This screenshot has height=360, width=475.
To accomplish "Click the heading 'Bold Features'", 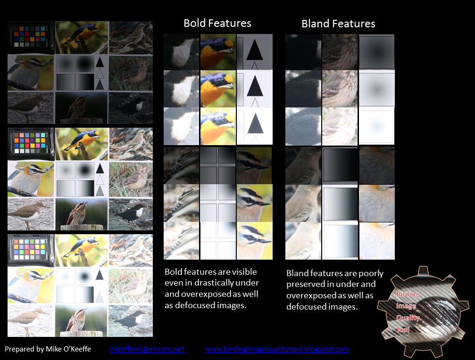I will [217, 23].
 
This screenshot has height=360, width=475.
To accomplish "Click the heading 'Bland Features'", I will [338, 24].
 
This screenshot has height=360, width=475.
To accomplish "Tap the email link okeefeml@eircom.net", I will [147, 349].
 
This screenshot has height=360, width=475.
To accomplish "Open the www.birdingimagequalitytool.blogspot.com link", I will [277, 349].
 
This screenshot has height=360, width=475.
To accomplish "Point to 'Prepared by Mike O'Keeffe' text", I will [48, 349].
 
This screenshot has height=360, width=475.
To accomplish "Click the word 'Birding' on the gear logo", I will [408, 294].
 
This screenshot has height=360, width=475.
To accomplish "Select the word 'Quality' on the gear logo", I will [408, 318].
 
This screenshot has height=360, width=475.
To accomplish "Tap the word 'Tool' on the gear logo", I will [403, 329].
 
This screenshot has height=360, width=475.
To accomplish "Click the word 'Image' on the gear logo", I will [406, 306].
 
